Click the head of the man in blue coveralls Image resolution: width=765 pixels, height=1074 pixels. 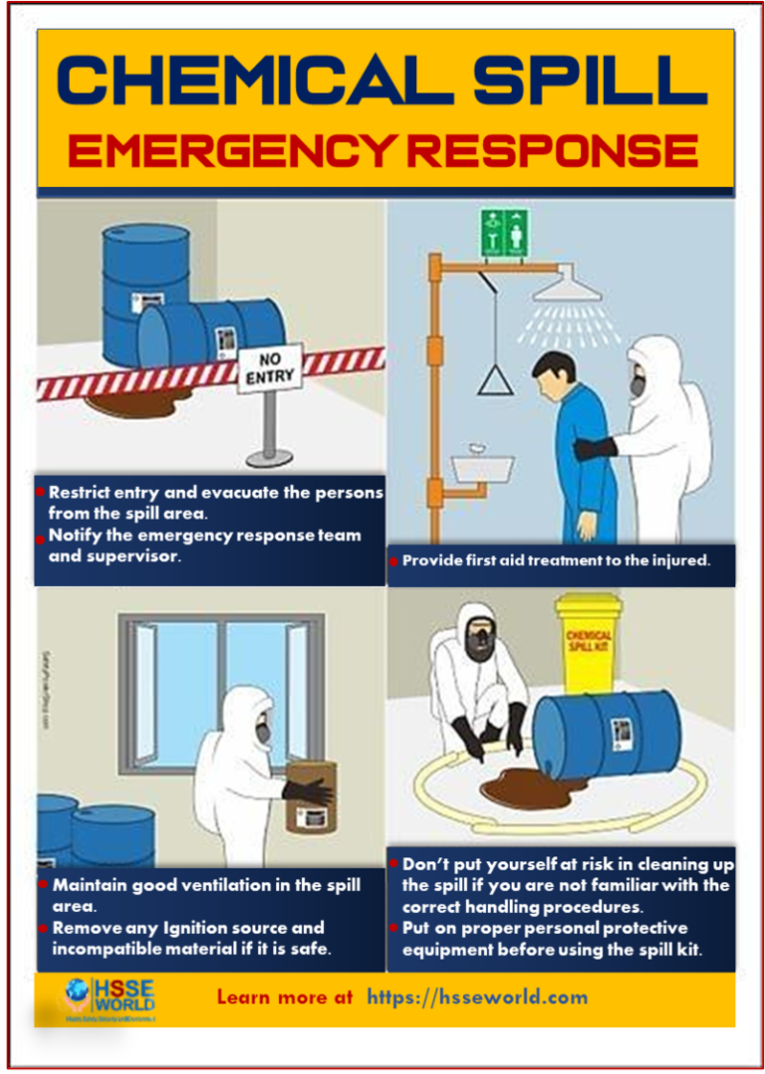554,374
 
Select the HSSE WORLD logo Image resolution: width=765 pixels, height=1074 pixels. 110,997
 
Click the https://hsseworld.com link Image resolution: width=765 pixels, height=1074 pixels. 477,996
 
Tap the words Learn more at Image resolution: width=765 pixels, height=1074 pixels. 284,996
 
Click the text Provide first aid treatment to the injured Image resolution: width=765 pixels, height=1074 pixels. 556,560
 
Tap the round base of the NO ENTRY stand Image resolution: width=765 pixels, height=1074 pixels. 269,456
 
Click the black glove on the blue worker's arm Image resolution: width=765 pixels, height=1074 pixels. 595,449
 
